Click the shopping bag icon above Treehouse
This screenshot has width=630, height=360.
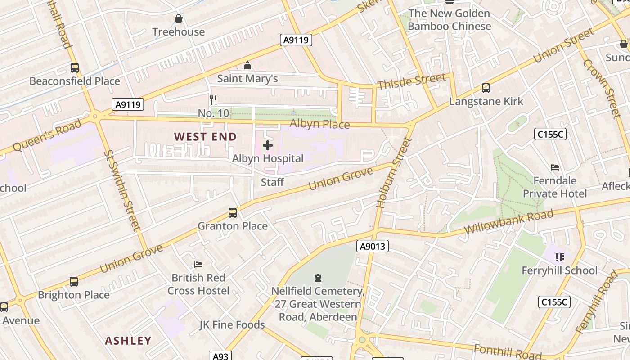pos(179,18)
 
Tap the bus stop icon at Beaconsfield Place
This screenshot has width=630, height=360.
pos(75,68)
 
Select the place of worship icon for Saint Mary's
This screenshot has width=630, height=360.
pos(247,66)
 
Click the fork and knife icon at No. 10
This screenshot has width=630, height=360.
pos(213,99)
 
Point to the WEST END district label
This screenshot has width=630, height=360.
pos(205,137)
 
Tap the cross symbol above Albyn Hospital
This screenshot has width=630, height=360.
pos(268,145)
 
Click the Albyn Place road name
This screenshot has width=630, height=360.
pos(319,124)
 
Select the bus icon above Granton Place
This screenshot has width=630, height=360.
pos(233,212)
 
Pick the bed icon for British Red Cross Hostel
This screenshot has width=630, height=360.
pos(198,264)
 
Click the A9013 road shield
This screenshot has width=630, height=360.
pos(373,246)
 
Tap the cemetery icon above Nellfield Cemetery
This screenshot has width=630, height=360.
pos(318,277)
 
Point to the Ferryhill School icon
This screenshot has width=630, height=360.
pos(559,257)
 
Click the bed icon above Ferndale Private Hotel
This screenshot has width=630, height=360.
pos(555,167)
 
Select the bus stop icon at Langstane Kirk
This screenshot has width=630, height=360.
pos(486,88)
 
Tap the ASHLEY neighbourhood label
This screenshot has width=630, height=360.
pos(128,341)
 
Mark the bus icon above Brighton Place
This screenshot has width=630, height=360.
pos(74,282)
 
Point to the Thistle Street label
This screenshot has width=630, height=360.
pos(412,81)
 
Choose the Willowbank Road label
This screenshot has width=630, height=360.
pos(508,221)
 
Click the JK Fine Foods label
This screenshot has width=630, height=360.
pos(232,324)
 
